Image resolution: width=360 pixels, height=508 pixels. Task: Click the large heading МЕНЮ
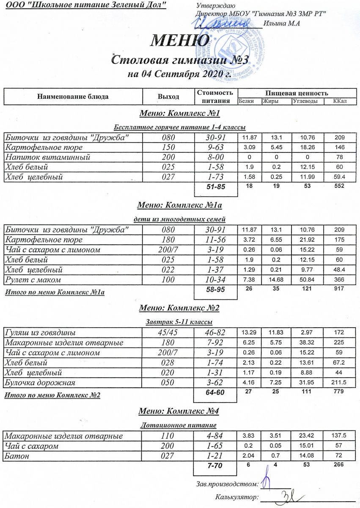click(x=180, y=41)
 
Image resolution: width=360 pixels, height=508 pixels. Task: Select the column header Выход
click(x=168, y=97)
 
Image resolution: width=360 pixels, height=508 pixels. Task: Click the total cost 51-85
click(x=215, y=187)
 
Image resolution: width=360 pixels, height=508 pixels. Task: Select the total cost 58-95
click(x=215, y=290)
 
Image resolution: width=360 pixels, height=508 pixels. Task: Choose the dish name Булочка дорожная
click(x=40, y=383)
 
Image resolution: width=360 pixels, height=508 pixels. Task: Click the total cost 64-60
click(x=215, y=393)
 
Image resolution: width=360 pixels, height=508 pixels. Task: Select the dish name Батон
click(x=15, y=456)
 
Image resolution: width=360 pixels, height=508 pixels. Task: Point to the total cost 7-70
click(x=215, y=466)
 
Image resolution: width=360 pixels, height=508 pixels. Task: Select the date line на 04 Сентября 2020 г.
click(x=179, y=75)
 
